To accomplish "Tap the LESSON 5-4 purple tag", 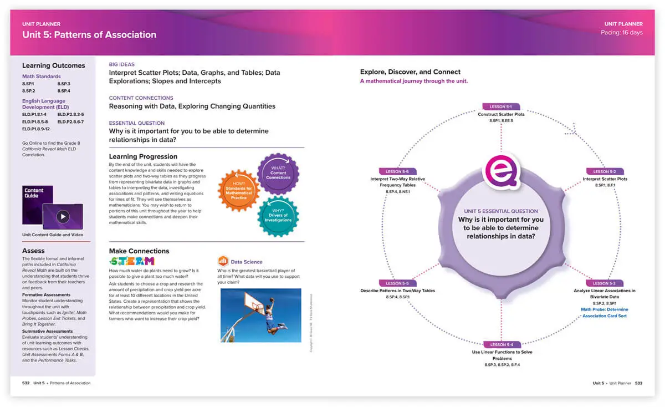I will click(x=501, y=344).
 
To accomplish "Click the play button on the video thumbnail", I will click(x=63, y=216).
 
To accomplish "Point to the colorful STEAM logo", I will click(x=132, y=261).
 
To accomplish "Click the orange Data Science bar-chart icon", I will click(x=223, y=261).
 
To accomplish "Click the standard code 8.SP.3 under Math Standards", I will click(x=64, y=84).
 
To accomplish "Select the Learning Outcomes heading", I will click(x=53, y=65).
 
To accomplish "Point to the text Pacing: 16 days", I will click(x=622, y=33).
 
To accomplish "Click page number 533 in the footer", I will click(x=638, y=383).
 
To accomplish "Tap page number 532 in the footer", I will click(x=25, y=383).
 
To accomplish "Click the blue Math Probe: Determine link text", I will click(x=605, y=309).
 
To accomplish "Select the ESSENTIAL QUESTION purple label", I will click(x=137, y=123).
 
